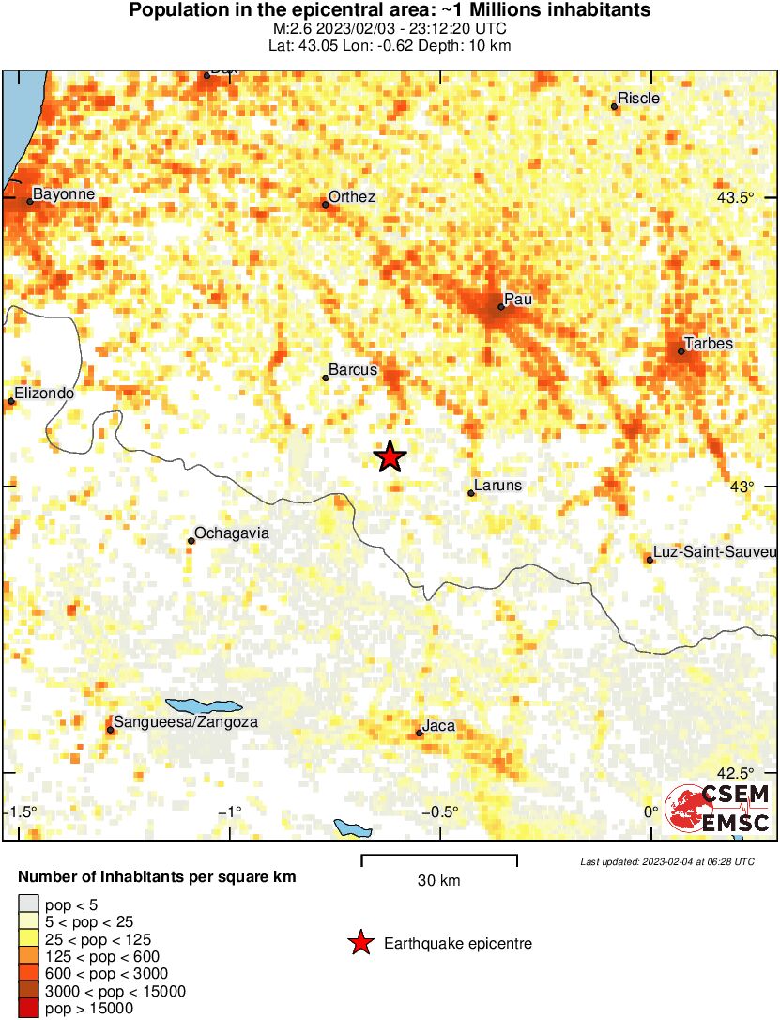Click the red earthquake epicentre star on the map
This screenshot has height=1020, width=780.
pyautogui.click(x=390, y=457)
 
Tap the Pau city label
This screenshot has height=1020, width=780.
pyautogui.click(x=517, y=299)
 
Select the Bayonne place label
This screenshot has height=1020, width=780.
pyautogui.click(x=64, y=193)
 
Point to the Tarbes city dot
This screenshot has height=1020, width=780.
pyautogui.click(x=681, y=351)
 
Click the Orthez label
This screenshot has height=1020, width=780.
pyautogui.click(x=354, y=196)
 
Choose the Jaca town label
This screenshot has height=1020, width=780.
pyautogui.click(x=439, y=725)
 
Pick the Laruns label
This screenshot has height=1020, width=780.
pyautogui.click(x=498, y=486)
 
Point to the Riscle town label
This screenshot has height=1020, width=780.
pyautogui.click(x=639, y=99)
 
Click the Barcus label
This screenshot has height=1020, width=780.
pyautogui.click(x=353, y=370)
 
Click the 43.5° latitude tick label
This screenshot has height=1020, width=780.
pyautogui.click(x=736, y=198)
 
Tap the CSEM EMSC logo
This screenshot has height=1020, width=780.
pyautogui.click(x=718, y=809)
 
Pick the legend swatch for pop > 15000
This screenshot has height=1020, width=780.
pyautogui.click(x=28, y=1009)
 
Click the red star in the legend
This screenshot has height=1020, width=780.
pyautogui.click(x=359, y=943)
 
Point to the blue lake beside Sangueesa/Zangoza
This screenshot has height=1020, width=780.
pyautogui.click(x=204, y=705)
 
